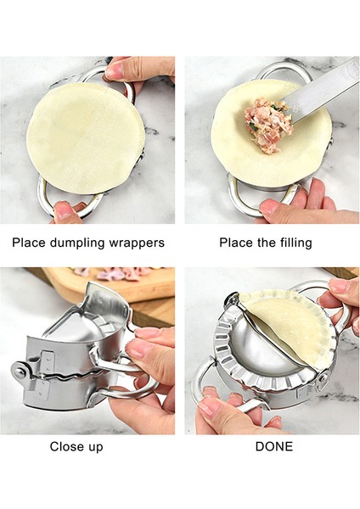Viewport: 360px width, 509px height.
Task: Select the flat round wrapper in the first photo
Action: pyautogui.click(x=85, y=137)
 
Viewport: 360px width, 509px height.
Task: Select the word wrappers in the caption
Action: pyautogui.click(x=138, y=243)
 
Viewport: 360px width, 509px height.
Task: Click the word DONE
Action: pyautogui.click(x=273, y=446)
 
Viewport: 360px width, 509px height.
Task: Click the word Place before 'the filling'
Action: pyautogui.click(x=236, y=243)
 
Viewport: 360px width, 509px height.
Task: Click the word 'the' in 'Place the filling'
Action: pyautogui.click(x=267, y=243)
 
